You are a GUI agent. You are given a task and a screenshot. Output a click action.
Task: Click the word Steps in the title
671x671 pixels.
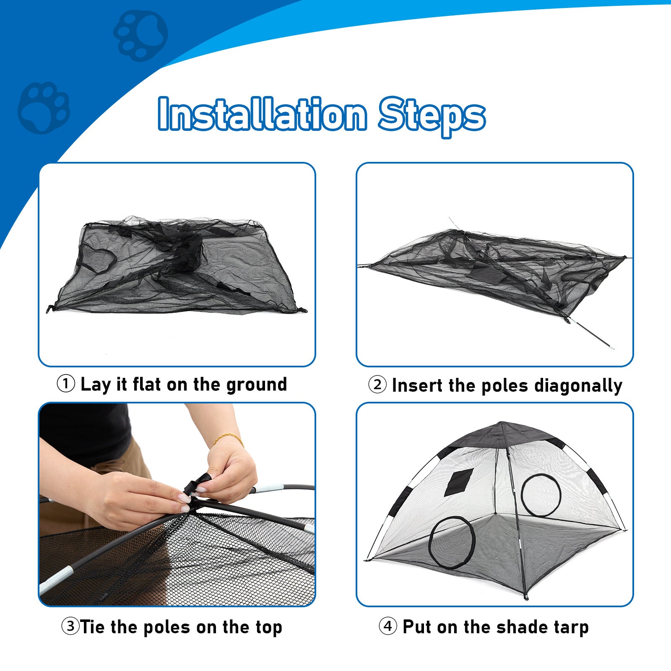coord(432,115)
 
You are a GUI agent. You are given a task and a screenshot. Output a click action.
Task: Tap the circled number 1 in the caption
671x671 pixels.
coord(66,384)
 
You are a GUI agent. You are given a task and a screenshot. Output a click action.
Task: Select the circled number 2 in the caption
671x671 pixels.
coord(377,385)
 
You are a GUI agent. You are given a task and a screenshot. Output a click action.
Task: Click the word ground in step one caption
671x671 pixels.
coord(257,385)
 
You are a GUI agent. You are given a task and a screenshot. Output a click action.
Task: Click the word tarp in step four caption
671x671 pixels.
coord(571,627)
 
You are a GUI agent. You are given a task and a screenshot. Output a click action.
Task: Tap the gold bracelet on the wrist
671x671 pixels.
coord(229,439)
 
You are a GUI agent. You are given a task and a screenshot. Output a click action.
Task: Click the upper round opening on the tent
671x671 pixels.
coord(541,495)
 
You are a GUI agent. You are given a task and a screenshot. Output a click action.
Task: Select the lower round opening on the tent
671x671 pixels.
coord(452,542)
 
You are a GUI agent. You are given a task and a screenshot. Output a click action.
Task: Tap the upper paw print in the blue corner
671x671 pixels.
coord(140,36)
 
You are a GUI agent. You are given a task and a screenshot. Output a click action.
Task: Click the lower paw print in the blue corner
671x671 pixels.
coord(44,108)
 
